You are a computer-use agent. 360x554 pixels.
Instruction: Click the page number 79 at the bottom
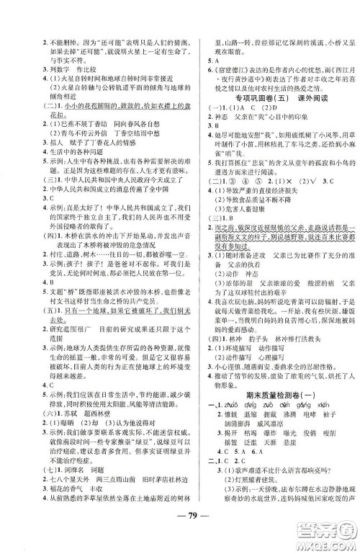(x=179, y=533)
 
